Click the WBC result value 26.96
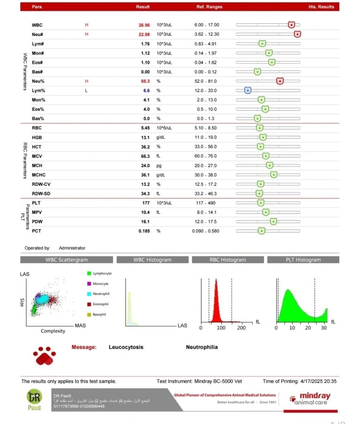(144, 25)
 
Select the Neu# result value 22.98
(144, 34)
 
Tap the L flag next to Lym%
(86, 90)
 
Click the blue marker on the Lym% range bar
(247, 90)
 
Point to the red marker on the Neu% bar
(280, 81)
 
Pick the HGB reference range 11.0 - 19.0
(206, 137)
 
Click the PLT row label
(36, 202)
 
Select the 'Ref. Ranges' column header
(209, 7)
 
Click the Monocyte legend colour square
(89, 284)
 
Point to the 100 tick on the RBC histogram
(221, 328)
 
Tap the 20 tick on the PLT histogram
(308, 328)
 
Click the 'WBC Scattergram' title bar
(67, 260)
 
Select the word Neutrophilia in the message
(202, 347)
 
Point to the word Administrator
(72, 248)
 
